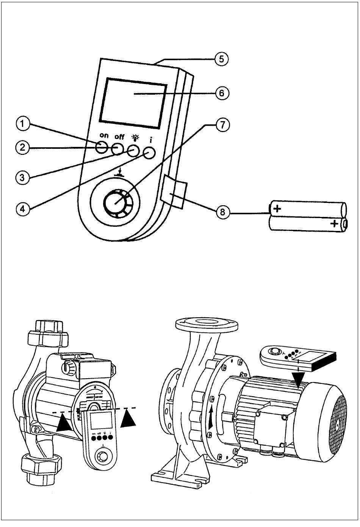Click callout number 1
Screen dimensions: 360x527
[22, 123]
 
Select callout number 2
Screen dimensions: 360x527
[22, 148]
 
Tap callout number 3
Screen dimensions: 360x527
[22, 178]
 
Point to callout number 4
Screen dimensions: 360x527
[22, 209]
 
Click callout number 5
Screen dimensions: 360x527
[222, 59]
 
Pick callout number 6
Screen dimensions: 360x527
[222, 93]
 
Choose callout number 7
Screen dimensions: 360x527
[222, 125]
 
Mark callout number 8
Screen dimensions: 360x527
[222, 212]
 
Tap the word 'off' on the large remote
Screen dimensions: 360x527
[119, 136]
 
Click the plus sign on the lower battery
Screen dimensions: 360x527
[334, 223]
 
